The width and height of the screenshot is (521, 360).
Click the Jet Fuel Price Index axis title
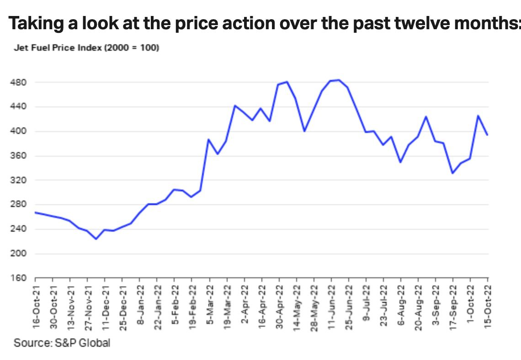tap(86, 48)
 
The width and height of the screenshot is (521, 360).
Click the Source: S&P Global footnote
tap(62, 342)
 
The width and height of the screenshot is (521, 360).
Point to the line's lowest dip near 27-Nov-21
tap(96, 239)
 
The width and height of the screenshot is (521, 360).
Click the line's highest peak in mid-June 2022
tap(338, 80)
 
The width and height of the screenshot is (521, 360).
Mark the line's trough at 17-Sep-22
tap(452, 173)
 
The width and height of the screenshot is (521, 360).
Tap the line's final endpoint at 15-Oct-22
tap(488, 135)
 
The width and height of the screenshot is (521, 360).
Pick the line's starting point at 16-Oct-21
tap(36, 212)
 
